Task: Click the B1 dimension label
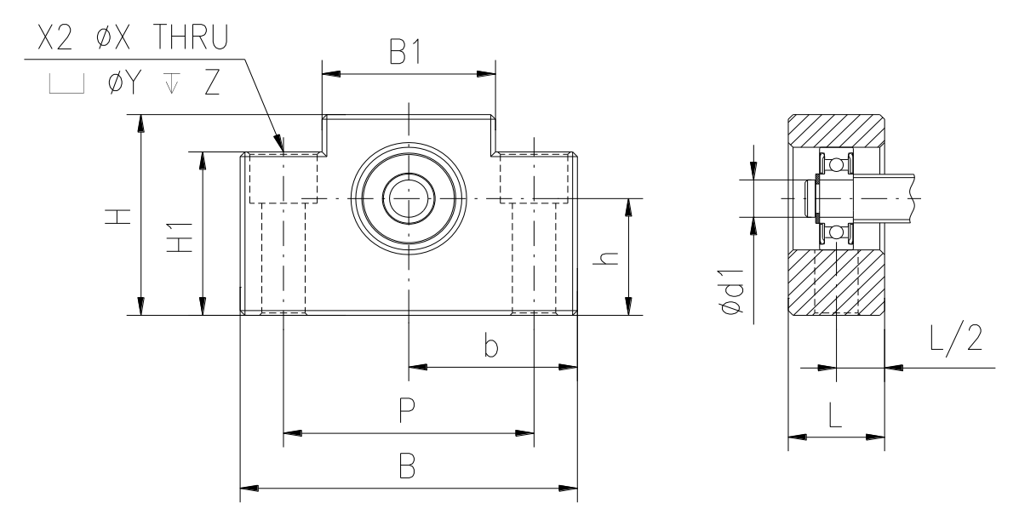(406, 53)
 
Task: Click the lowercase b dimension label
(491, 346)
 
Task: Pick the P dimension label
(407, 410)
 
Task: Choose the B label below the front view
(407, 466)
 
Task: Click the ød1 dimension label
(732, 291)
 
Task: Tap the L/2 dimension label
(955, 339)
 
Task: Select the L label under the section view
(836, 415)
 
